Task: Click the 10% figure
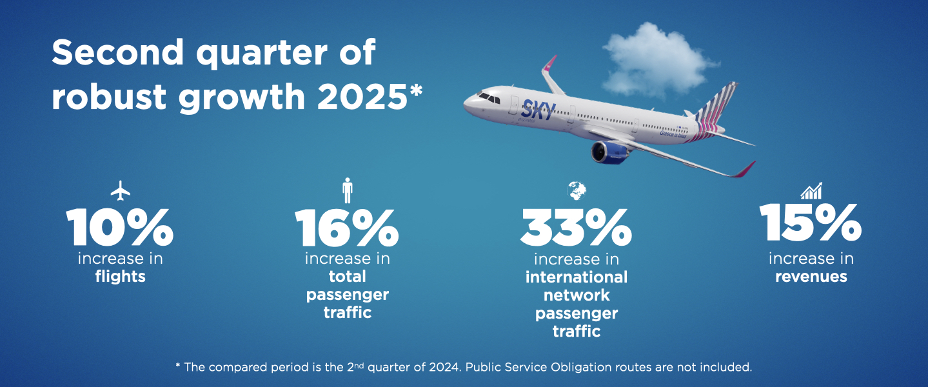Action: pos(119,226)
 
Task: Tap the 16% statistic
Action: pos(347,228)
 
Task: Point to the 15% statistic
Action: pos(811,222)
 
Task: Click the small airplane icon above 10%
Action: pos(120,190)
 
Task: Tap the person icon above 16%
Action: pos(348,190)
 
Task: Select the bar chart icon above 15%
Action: pos(811,190)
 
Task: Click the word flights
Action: pos(120,277)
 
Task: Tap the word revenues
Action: pos(811,277)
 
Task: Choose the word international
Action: pos(576,277)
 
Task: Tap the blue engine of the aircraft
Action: pos(610,152)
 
